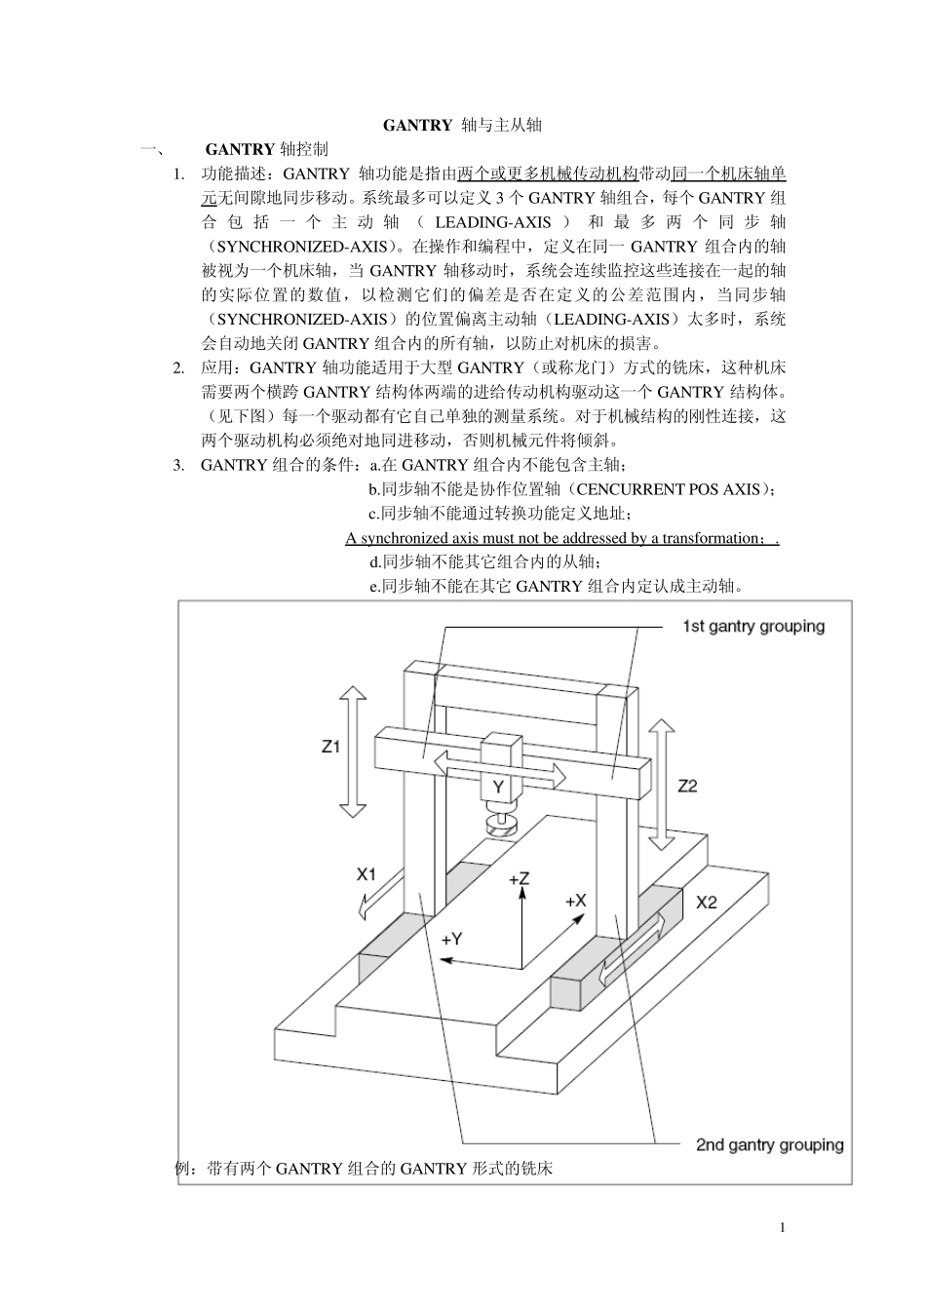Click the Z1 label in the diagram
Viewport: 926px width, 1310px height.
point(330,747)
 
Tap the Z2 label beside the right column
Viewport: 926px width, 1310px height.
point(687,786)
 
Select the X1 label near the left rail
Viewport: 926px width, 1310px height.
point(367,874)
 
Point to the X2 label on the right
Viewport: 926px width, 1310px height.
point(706,903)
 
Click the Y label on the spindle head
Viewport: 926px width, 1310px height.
point(498,787)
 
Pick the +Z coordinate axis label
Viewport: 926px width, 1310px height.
point(519,878)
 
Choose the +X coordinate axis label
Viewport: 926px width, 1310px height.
point(576,901)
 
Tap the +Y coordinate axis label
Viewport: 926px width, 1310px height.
point(451,940)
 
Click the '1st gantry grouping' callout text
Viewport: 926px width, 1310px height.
point(753,627)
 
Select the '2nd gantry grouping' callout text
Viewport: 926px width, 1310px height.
point(770,1144)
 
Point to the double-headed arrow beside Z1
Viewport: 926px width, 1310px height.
point(352,751)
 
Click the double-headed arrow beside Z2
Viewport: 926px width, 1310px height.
point(662,785)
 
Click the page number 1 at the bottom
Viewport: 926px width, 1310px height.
point(783,1227)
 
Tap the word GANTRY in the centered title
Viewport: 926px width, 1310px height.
point(417,125)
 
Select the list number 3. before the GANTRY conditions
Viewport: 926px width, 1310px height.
point(178,466)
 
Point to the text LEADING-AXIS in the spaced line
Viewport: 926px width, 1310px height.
point(492,222)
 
